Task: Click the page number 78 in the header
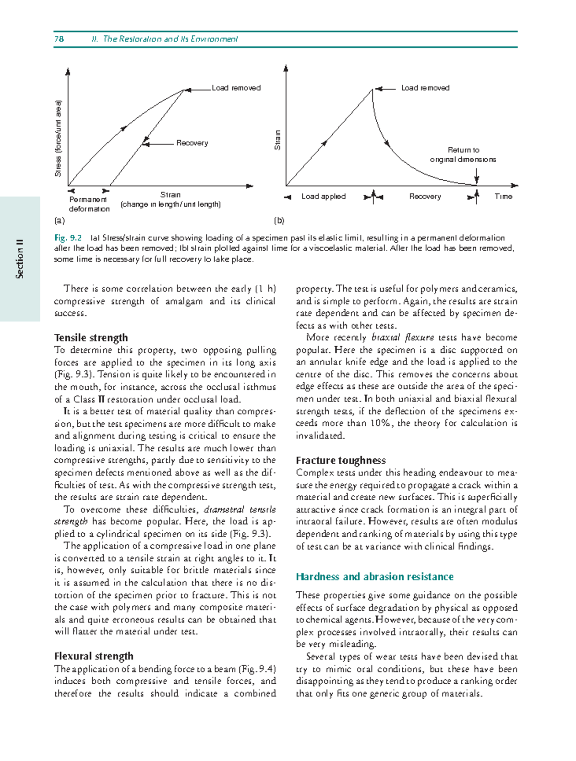click(59, 39)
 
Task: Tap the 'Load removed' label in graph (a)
click(236, 88)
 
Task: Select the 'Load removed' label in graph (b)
click(425, 88)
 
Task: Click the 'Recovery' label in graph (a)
click(192, 143)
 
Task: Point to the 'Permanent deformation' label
click(89, 204)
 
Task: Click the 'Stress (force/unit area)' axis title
click(58, 138)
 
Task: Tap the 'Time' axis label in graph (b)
click(503, 197)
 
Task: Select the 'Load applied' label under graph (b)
click(323, 197)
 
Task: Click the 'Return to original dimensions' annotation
click(463, 155)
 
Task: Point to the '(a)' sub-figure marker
click(59, 221)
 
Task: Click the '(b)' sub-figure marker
click(279, 221)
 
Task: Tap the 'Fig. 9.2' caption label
click(68, 238)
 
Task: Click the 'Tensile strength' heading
click(91, 338)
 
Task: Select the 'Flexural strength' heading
click(94, 656)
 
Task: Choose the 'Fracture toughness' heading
click(340, 460)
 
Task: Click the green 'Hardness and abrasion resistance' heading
click(374, 577)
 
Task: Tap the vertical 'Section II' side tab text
click(20, 258)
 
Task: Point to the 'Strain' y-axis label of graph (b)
click(277, 140)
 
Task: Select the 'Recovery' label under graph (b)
click(425, 197)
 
